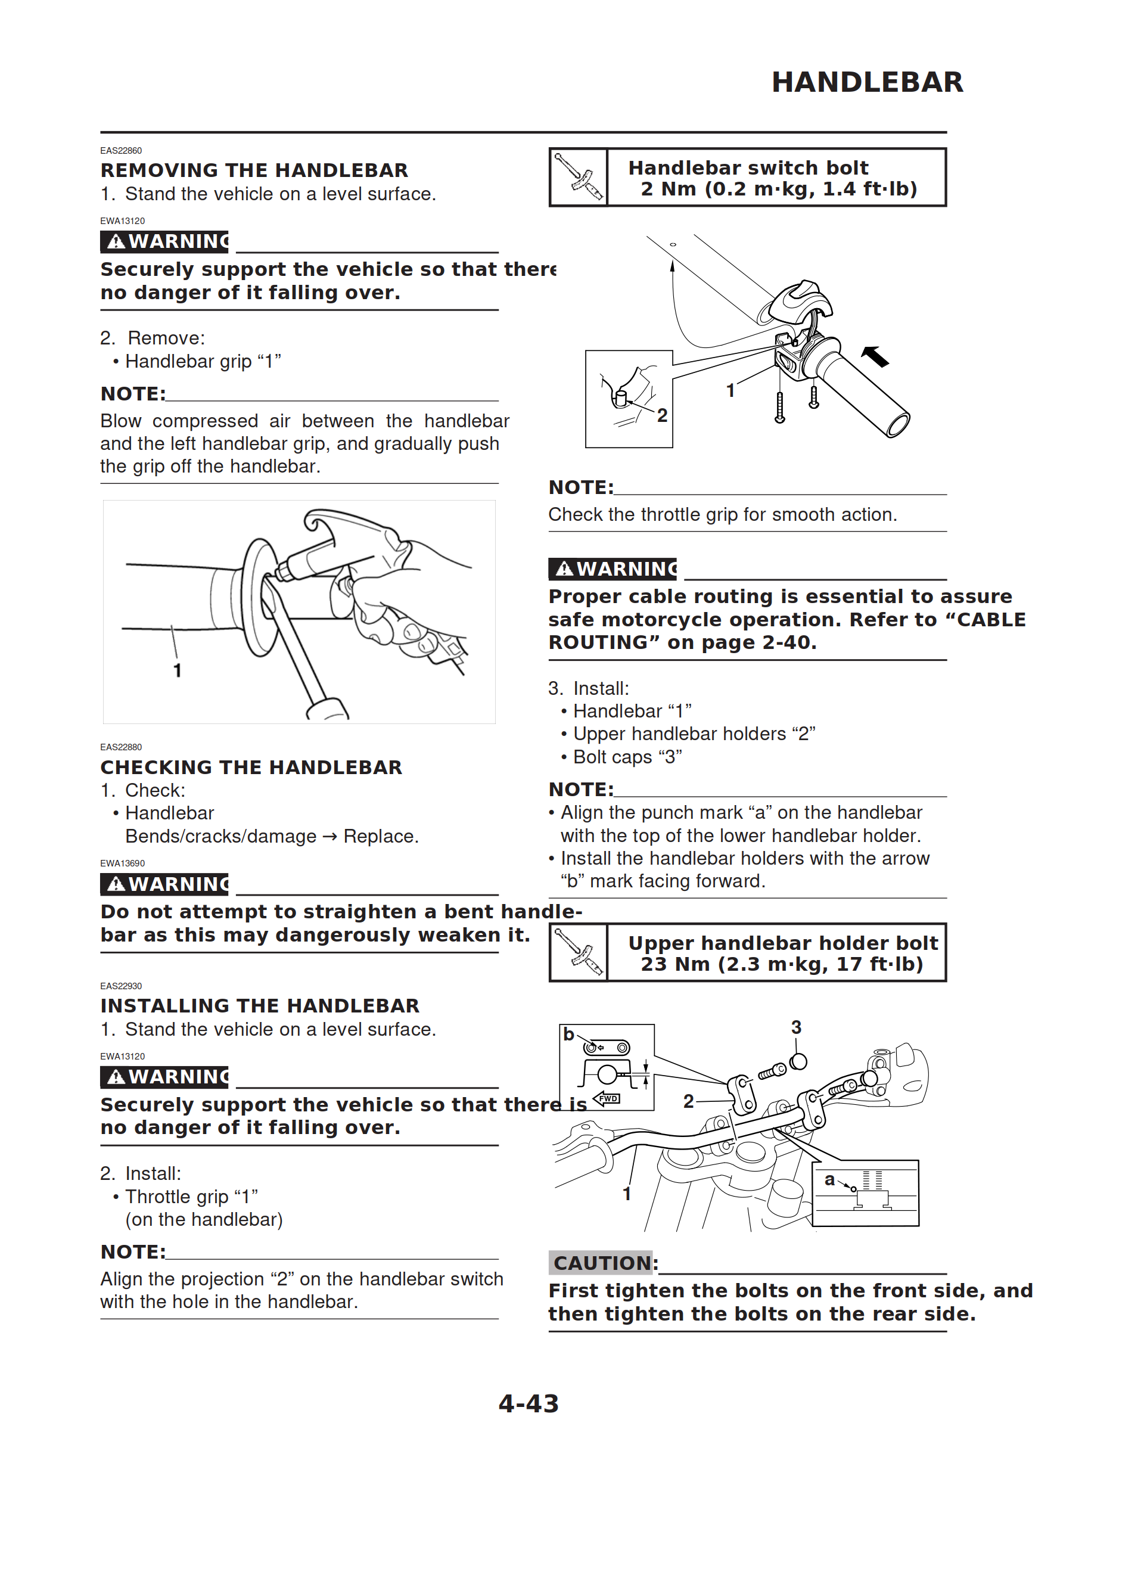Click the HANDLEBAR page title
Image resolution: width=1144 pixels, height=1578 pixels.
pos(867,82)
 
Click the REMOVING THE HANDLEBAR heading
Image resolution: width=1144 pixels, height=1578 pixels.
pos(254,170)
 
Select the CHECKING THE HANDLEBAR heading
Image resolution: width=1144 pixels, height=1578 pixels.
pos(251,768)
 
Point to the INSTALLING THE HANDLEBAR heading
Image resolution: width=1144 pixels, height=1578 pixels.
pos(260,1006)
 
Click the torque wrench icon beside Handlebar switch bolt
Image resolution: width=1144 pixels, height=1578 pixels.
pos(579,178)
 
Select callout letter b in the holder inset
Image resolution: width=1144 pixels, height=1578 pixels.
pos(568,1035)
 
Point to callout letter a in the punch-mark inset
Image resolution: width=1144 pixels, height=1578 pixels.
pos(829,1180)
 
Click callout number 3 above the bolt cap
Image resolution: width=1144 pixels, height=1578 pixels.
pos(796,1027)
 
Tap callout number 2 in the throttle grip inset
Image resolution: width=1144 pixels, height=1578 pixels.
pos(662,415)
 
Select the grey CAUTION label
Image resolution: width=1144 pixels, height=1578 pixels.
pos(601,1263)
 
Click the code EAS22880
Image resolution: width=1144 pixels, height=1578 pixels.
pos(121,747)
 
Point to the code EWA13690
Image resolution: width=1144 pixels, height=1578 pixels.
pos(123,863)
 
